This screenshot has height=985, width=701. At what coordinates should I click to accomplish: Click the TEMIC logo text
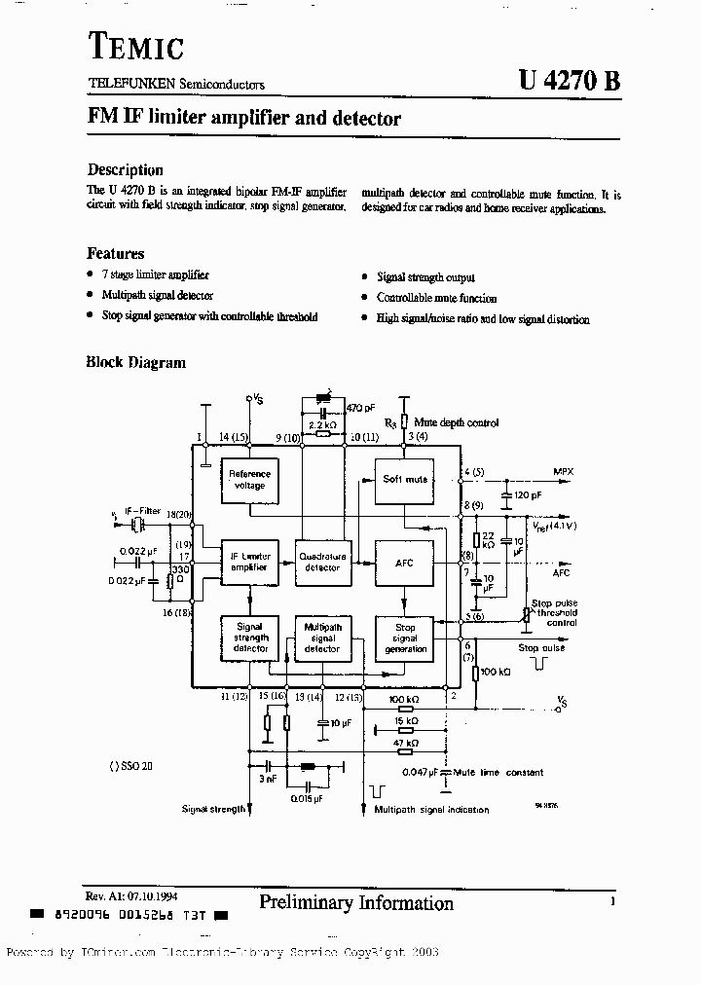click(136, 46)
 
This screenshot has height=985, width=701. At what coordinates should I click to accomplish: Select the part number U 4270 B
click(562, 82)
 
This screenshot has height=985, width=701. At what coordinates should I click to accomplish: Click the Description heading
click(126, 169)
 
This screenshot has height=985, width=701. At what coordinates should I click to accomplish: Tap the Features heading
click(116, 253)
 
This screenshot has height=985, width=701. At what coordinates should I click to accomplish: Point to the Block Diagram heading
click(136, 362)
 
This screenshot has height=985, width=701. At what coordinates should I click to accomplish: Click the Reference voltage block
click(249, 479)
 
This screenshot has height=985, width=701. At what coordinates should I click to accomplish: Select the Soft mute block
click(404, 479)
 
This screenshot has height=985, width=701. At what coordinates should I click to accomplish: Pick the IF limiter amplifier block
click(249, 563)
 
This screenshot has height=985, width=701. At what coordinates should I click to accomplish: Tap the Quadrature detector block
click(322, 562)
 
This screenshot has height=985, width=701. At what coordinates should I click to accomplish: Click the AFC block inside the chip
click(404, 563)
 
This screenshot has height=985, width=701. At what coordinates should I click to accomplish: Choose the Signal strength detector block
click(249, 638)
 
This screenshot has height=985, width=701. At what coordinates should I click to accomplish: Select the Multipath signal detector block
click(322, 638)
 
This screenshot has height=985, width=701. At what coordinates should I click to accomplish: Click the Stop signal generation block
click(404, 638)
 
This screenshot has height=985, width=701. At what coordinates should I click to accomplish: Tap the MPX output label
click(563, 471)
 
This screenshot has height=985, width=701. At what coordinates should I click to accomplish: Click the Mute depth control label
click(456, 422)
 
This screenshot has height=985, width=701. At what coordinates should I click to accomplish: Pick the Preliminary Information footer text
click(356, 903)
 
